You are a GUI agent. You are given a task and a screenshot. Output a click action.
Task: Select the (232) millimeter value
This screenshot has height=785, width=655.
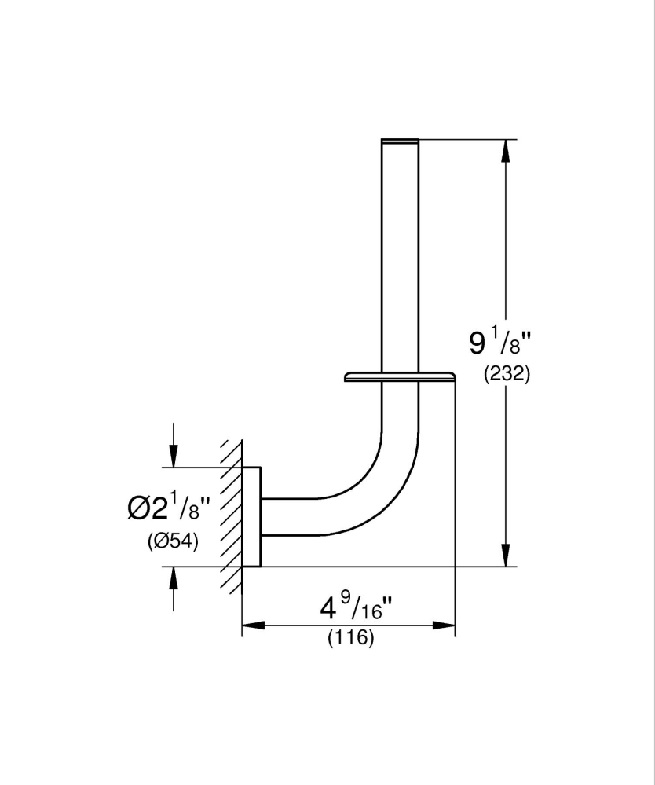507,374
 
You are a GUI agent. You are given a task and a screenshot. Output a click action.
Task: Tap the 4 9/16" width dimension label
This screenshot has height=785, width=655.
356,607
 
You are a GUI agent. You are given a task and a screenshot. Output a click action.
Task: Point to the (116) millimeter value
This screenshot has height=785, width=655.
350,637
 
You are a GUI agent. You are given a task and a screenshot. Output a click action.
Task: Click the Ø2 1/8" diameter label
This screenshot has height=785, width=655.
168,509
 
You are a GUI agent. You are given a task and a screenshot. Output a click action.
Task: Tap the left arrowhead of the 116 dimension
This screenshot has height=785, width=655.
251,625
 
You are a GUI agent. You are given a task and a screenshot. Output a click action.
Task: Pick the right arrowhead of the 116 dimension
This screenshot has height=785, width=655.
446,625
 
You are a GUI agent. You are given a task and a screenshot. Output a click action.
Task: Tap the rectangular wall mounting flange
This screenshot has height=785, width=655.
251,516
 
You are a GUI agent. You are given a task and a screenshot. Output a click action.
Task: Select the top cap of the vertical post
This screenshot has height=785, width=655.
400,141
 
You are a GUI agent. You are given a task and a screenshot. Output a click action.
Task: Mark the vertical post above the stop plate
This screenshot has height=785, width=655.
400,251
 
